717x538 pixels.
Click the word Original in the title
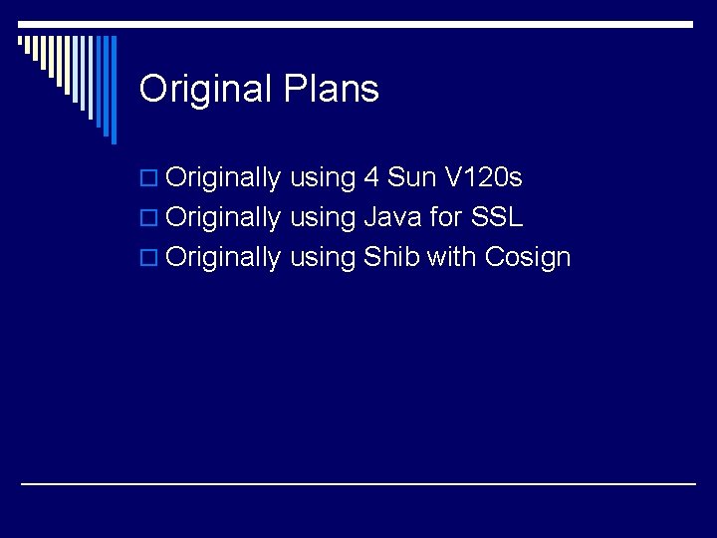pos(204,90)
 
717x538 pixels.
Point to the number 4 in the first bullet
pos(370,178)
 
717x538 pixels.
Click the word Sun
pos(411,178)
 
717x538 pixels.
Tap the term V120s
pos(483,178)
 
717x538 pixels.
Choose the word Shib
pos(391,257)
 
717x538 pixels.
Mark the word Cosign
pos(528,258)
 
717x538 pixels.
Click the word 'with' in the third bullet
pos(451,257)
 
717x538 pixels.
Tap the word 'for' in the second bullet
pos(445,217)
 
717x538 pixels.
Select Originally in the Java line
pos(224,218)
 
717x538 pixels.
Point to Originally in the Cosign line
pos(224,258)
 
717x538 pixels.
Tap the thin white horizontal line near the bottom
pos(358,483)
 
